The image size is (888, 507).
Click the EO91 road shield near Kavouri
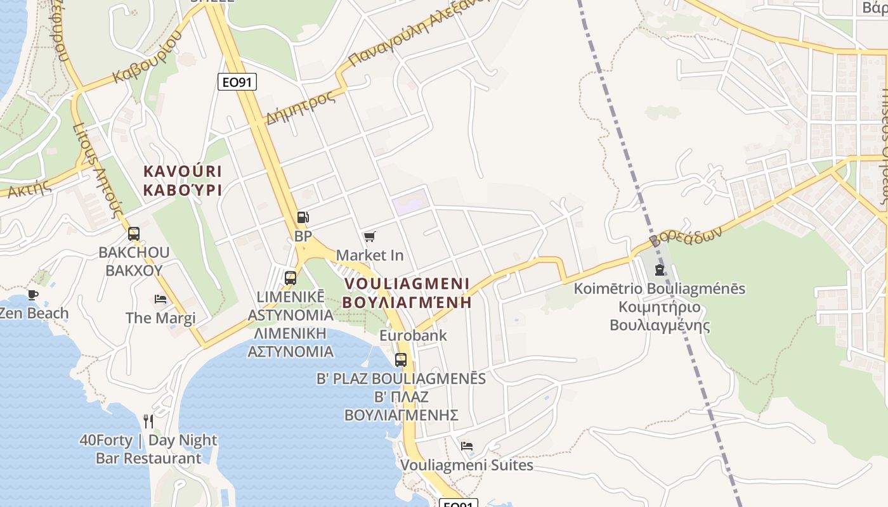click(237, 81)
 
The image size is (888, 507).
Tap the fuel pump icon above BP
click(303, 217)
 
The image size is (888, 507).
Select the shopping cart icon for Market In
click(370, 236)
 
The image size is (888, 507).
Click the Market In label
click(370, 255)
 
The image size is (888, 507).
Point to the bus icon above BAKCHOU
click(133, 233)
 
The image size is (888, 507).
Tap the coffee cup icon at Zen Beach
click(33, 295)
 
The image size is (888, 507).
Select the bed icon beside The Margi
click(160, 298)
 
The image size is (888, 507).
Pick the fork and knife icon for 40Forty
click(148, 421)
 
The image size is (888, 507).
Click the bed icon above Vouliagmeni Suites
click(467, 446)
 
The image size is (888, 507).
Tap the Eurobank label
click(413, 335)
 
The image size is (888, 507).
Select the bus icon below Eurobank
click(401, 359)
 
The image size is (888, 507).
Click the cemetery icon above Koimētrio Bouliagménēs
click(660, 271)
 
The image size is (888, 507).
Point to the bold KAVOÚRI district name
click(183, 171)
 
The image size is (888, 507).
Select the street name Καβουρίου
click(147, 56)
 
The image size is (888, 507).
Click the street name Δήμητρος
click(300, 107)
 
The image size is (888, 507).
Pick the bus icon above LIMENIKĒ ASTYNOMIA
click(291, 278)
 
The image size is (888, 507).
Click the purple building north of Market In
click(410, 205)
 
